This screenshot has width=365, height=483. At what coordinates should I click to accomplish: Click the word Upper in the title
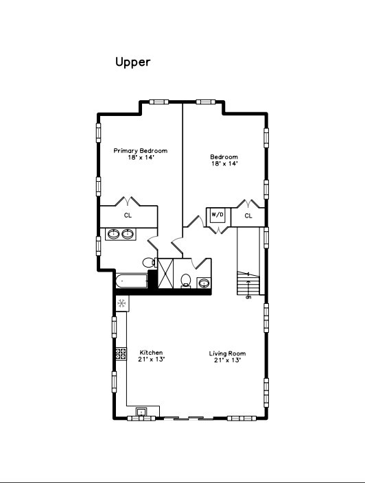[x=132, y=62]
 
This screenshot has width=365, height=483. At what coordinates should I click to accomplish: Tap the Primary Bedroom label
[x=140, y=151]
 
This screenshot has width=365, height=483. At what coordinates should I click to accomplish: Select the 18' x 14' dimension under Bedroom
[x=224, y=164]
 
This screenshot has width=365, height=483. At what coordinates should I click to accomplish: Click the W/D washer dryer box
[x=217, y=215]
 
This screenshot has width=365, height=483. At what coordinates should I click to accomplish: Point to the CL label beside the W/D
[x=248, y=215]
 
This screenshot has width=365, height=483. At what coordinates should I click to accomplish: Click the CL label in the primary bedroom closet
[x=128, y=215]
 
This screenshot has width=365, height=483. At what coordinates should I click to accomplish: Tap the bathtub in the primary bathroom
[x=132, y=280]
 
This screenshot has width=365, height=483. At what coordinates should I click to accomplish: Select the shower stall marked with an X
[x=165, y=273]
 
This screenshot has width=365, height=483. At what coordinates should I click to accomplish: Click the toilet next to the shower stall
[x=185, y=281]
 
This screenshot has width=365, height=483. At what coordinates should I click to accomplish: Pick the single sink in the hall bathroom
[x=203, y=282]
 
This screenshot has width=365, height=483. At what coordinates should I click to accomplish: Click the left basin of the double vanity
[x=113, y=234]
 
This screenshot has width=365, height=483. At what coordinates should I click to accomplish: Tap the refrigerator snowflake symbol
[x=121, y=303]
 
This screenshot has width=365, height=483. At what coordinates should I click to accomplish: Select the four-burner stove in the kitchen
[x=121, y=354]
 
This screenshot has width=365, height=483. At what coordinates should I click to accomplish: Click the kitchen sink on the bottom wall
[x=142, y=412]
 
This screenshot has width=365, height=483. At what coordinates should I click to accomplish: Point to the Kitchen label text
[x=151, y=353]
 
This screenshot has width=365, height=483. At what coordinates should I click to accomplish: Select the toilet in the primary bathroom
[x=148, y=262]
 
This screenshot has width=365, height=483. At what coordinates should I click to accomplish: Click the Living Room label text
[x=227, y=353]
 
